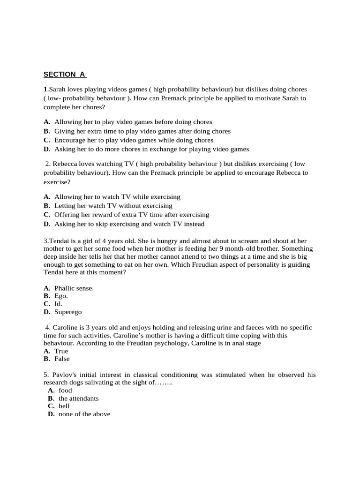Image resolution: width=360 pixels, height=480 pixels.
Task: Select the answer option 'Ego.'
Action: (61, 296)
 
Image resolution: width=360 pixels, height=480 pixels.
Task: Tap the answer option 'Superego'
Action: (67, 311)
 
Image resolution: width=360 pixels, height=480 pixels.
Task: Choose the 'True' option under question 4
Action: (61, 351)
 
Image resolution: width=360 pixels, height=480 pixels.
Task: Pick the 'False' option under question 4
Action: (62, 359)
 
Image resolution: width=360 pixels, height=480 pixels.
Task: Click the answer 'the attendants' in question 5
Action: (78, 398)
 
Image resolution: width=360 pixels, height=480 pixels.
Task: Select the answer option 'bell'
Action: (64, 406)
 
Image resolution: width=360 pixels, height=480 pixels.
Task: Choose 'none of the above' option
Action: (84, 414)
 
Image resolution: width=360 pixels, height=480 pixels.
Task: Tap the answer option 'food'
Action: (65, 390)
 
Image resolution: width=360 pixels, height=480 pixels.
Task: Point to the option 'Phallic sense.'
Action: (74, 288)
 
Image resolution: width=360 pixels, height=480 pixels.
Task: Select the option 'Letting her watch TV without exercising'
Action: (113, 205)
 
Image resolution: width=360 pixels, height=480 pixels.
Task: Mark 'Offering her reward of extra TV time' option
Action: (131, 214)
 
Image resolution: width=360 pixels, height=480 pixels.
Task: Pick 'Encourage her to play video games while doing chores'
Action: (134, 140)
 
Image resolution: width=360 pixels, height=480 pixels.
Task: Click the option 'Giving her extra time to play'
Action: (142, 131)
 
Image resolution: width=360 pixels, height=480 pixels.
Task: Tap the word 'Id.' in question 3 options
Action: (58, 303)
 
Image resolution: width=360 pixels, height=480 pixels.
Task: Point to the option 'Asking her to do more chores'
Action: (151, 149)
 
